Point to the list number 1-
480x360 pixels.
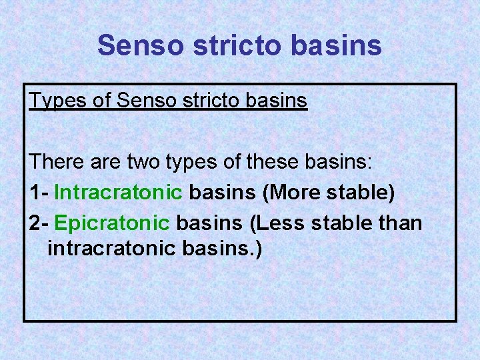[x=39, y=193]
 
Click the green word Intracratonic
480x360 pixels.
[x=118, y=193]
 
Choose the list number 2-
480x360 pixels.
[x=39, y=222]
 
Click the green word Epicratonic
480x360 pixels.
[x=113, y=222]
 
